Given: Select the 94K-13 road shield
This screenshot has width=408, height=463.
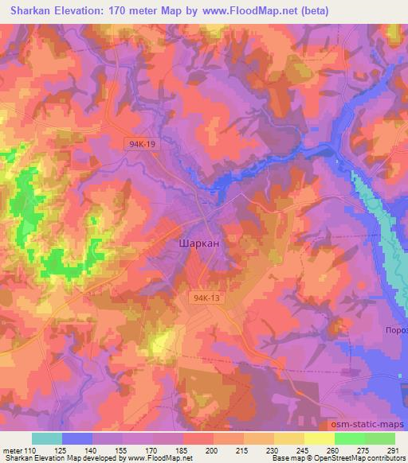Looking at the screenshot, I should point(205,298).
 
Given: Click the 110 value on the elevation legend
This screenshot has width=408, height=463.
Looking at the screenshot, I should point(31,450).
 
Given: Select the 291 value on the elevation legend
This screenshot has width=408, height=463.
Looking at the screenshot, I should point(392,450).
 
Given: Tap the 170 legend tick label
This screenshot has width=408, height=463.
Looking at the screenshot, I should point(152,450).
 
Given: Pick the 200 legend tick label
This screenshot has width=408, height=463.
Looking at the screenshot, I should point(213,450).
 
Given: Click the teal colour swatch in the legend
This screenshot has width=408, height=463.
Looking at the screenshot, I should point(46,438).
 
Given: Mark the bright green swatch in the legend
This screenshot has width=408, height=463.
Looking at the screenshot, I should point(350,438).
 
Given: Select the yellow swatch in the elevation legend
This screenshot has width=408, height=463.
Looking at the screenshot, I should point(320,438).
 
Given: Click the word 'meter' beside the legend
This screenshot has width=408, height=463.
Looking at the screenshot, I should point(12,450).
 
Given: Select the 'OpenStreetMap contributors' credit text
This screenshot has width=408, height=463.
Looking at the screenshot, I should point(355,458).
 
